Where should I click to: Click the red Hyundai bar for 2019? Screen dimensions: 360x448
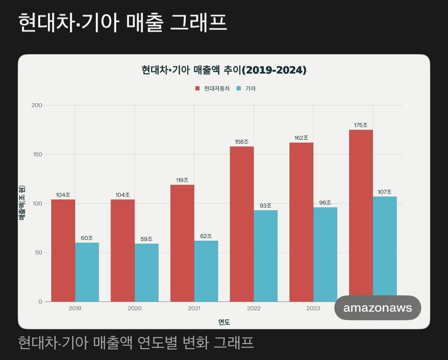point(63,250)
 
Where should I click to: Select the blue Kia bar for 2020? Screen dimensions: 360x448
point(146,272)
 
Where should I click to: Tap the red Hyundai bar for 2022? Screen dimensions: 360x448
point(242,224)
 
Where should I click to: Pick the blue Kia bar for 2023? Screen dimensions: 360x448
point(325,254)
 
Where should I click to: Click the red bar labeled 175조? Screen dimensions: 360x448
point(361,212)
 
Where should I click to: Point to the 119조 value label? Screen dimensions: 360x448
point(182,180)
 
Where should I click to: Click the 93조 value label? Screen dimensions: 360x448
point(266,205)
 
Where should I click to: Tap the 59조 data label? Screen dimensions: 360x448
point(146,239)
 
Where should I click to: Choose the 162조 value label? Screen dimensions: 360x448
point(301,138)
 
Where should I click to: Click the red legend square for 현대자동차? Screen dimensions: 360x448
point(197,89)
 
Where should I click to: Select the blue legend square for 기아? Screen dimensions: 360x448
point(239,89)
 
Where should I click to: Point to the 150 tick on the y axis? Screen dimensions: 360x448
point(37,154)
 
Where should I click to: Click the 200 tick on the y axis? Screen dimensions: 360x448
point(37,105)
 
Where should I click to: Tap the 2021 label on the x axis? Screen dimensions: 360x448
point(194,308)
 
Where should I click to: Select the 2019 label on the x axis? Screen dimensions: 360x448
point(75,308)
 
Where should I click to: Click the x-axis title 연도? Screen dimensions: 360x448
point(224,322)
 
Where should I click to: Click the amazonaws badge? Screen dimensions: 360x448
point(378,308)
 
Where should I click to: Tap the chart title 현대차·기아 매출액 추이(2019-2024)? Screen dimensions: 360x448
point(224,70)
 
